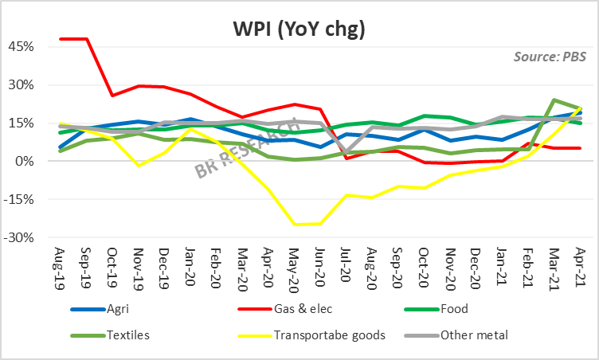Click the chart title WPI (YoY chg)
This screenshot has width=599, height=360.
(299, 30)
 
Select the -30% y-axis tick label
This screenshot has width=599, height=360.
(18, 237)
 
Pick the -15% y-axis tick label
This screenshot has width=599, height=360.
(18, 199)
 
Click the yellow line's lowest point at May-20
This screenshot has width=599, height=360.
(295, 225)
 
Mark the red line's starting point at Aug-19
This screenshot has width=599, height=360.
(61, 38)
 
